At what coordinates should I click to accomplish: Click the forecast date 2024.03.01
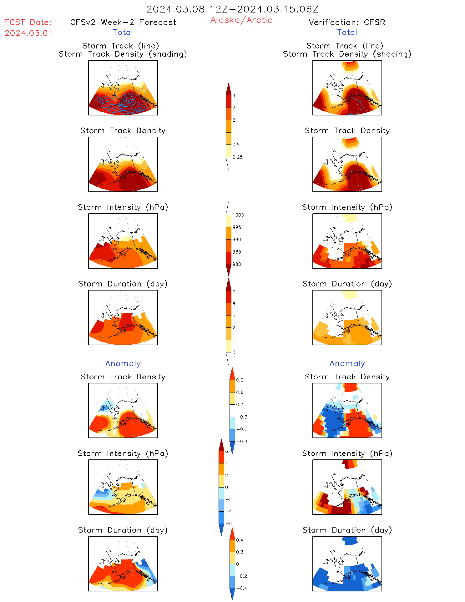(x=28, y=33)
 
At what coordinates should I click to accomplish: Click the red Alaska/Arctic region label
(x=241, y=20)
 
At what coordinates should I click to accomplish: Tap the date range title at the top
(x=232, y=9)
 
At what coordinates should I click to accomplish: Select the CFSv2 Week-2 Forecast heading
(x=123, y=22)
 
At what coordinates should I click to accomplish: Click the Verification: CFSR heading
(x=347, y=22)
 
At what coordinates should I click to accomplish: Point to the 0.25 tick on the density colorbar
(x=237, y=157)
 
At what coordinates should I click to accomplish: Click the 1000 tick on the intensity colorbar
(x=238, y=215)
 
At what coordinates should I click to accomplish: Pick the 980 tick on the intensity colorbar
(x=237, y=264)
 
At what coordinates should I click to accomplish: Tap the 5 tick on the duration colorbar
(x=234, y=291)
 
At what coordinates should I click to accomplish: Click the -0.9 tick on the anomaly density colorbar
(x=242, y=442)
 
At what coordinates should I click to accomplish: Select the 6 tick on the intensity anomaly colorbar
(x=226, y=451)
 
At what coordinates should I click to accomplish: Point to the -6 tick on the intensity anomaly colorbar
(x=228, y=524)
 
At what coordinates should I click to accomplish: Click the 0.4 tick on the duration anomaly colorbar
(x=240, y=540)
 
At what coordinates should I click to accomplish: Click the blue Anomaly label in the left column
(x=123, y=363)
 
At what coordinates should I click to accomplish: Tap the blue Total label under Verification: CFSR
(x=347, y=32)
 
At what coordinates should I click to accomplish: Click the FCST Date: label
(x=28, y=22)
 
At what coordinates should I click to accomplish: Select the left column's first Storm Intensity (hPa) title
(x=123, y=207)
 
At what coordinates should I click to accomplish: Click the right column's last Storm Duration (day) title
(x=347, y=530)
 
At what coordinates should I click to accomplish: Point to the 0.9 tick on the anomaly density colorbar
(x=240, y=380)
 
